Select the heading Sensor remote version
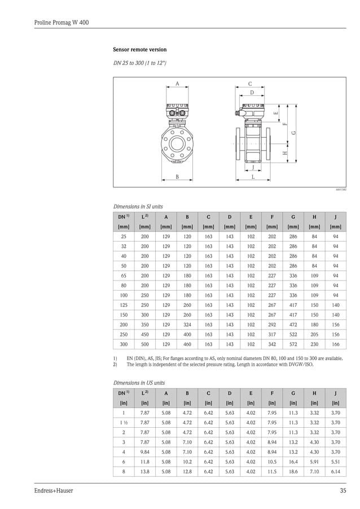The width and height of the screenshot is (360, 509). pos(140,50)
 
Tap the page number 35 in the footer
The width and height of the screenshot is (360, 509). pos(343,490)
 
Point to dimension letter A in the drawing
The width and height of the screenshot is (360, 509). pos(177,84)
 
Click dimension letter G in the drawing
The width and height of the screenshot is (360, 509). pos(294,133)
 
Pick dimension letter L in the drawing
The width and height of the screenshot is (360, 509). pos(253,177)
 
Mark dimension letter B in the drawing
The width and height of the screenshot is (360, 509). pos(177,177)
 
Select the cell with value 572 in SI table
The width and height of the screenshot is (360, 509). pos(293,344)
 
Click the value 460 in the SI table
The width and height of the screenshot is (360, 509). pos(187,344)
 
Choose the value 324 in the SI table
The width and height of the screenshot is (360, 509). pos(187,324)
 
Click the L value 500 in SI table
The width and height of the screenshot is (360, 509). pos(145,344)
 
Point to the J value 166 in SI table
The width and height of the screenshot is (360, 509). pos(335,344)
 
